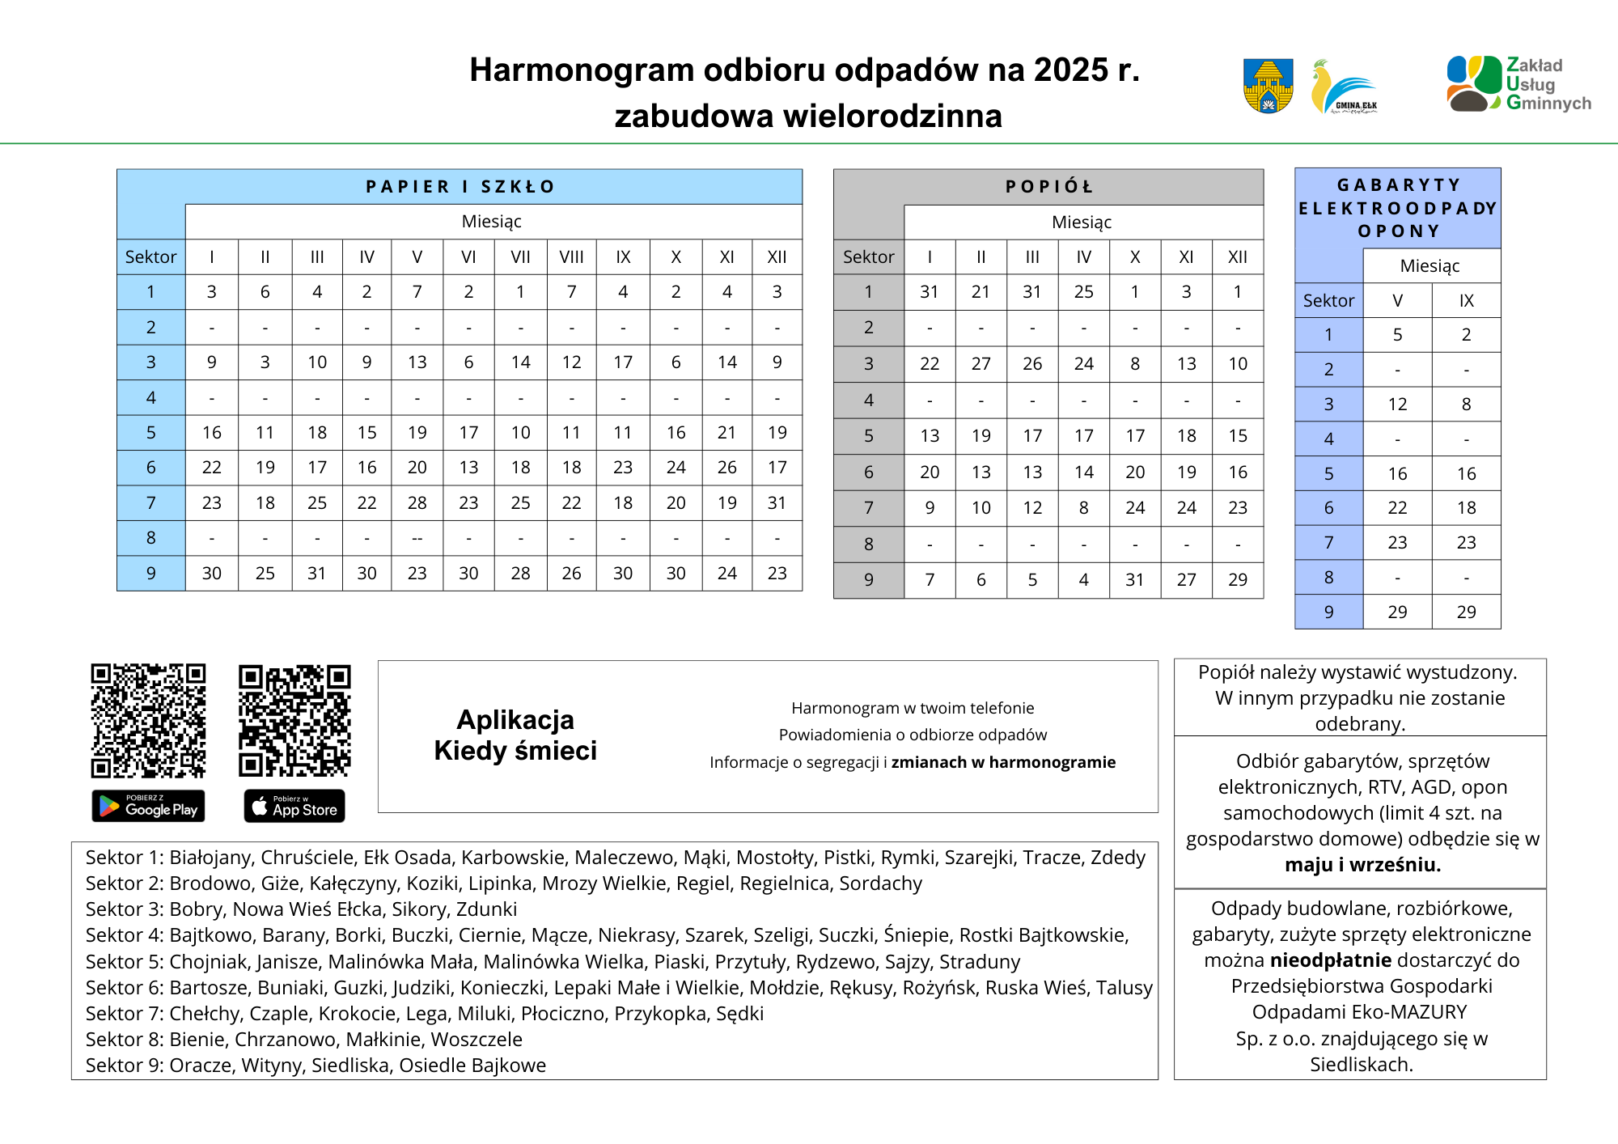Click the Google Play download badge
click(x=148, y=806)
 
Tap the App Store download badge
click(x=294, y=806)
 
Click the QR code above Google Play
click(x=148, y=721)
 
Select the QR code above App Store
click(x=294, y=721)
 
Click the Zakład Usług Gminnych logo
click(x=1518, y=83)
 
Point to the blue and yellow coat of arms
click(x=1268, y=86)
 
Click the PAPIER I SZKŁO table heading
click(x=460, y=187)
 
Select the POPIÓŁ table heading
click(x=1048, y=187)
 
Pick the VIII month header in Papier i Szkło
click(x=571, y=257)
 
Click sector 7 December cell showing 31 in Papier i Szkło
click(x=777, y=503)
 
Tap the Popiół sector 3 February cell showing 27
click(x=981, y=364)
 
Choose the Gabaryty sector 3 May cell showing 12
click(x=1397, y=405)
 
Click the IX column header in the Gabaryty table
click(x=1466, y=301)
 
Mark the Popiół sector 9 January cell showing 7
click(x=930, y=580)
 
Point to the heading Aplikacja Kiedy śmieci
click(x=515, y=735)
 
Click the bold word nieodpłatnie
click(x=1331, y=960)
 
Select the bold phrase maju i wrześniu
click(x=1362, y=865)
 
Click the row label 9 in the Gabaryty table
click(x=1328, y=612)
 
